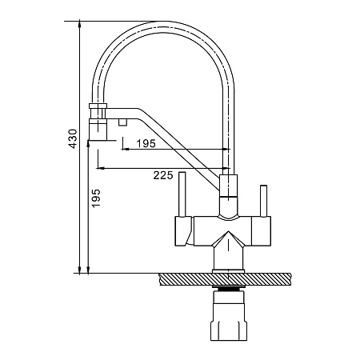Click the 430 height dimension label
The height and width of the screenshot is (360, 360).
pyautogui.click(x=72, y=138)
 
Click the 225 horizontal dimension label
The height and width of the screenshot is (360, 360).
pyautogui.click(x=163, y=175)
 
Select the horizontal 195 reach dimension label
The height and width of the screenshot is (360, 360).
pyautogui.click(x=146, y=144)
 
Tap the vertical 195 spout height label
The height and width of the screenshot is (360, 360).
pyautogui.click(x=96, y=198)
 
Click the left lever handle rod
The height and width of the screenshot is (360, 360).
pyautogui.click(x=182, y=194)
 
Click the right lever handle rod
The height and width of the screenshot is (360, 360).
pyautogui.click(x=263, y=201)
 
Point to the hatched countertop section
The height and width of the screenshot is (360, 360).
pyautogui.click(x=225, y=279)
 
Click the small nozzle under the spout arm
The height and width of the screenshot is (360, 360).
pyautogui.click(x=122, y=122)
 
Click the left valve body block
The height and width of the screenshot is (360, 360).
pyautogui.click(x=183, y=231)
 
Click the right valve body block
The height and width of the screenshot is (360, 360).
pyautogui.click(x=262, y=231)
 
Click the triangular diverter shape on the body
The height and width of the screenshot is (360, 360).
pyautogui.click(x=228, y=241)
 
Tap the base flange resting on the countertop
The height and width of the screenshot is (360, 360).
pyautogui.click(x=228, y=271)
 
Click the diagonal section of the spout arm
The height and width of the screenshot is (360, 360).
pyautogui.click(x=178, y=150)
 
